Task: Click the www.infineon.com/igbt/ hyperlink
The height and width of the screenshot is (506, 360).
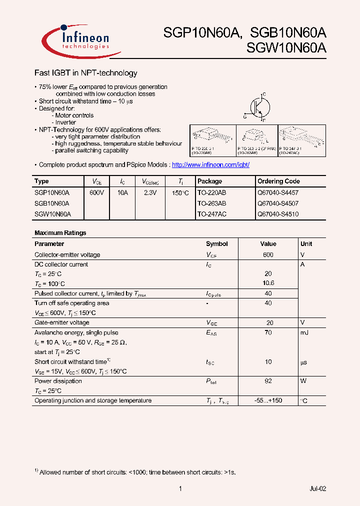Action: coord(210,164)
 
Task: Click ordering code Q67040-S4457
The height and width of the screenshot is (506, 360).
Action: coord(277,192)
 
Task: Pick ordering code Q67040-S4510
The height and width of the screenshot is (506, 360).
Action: coord(277,214)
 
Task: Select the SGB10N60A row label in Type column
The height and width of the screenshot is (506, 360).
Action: coord(52,203)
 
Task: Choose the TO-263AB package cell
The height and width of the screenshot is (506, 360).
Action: coord(211,203)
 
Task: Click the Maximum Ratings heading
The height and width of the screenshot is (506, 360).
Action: coord(60,233)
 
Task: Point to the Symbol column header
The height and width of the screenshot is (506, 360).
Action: coord(216,244)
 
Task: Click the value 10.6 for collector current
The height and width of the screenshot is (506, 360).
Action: coord(268,283)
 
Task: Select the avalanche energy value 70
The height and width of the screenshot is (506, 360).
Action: coord(268,332)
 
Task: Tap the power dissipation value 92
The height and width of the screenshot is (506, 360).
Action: coord(268,381)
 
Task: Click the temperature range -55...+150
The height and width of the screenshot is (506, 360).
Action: coord(268,400)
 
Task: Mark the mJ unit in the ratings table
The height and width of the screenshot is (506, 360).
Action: coord(305,332)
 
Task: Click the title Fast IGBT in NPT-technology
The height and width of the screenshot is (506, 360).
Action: coord(85,73)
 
